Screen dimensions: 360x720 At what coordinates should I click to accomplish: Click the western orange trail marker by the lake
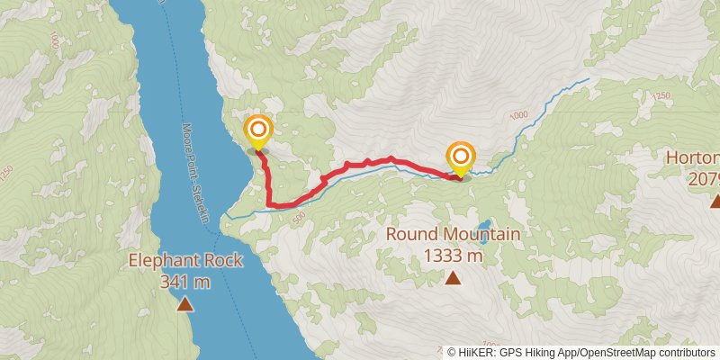click(258, 130)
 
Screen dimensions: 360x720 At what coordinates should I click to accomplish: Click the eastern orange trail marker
click(461, 157)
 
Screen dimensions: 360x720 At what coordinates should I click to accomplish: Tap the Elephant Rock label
click(185, 261)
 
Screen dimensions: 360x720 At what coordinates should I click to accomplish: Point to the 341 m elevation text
click(185, 282)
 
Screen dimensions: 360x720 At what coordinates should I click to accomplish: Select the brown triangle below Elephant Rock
click(184, 304)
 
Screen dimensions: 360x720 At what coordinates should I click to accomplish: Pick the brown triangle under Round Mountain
click(453, 278)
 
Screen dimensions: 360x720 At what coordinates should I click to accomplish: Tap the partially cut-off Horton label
click(692, 159)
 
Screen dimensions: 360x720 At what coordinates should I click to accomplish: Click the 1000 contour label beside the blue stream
click(518, 115)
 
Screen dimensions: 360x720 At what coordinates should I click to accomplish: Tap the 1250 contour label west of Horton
click(662, 95)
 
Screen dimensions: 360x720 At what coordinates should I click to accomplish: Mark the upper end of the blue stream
click(589, 79)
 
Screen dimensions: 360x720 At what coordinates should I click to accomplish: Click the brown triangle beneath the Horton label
click(715, 202)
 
